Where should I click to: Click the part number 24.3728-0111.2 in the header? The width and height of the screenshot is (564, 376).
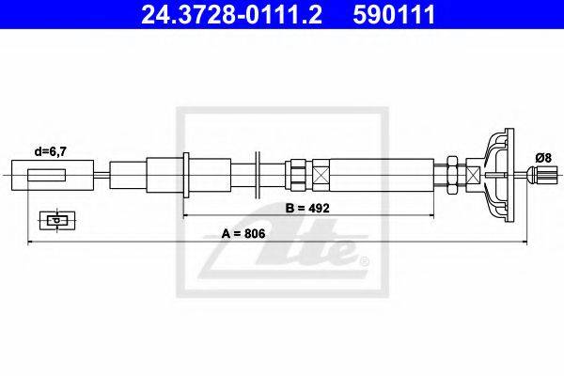tap(231, 15)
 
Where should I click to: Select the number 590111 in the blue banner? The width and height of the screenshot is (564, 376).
tap(394, 15)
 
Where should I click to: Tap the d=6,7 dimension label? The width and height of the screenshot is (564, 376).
tap(51, 152)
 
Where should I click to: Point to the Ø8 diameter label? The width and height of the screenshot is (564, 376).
tap(543, 158)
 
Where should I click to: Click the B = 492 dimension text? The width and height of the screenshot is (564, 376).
tap(307, 208)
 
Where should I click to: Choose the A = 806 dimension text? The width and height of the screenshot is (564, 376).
tap(243, 233)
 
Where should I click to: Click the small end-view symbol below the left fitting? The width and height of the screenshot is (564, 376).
tap(57, 220)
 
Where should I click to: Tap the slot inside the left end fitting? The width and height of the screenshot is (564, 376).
tap(47, 175)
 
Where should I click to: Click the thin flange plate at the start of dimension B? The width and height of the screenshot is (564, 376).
tap(186, 175)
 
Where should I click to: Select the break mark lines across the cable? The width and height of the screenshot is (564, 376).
tap(258, 175)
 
